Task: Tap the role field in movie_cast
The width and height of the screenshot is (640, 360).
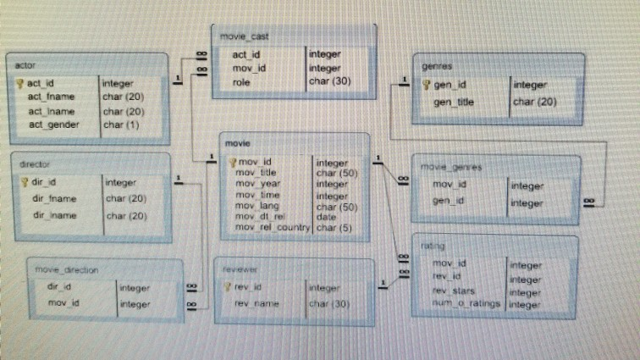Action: [242, 82]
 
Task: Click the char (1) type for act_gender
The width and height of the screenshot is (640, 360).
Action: [121, 125]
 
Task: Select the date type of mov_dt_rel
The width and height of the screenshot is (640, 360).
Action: [326, 217]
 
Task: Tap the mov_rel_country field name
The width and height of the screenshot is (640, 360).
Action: [273, 228]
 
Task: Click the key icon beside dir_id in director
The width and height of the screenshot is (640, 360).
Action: [25, 181]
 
